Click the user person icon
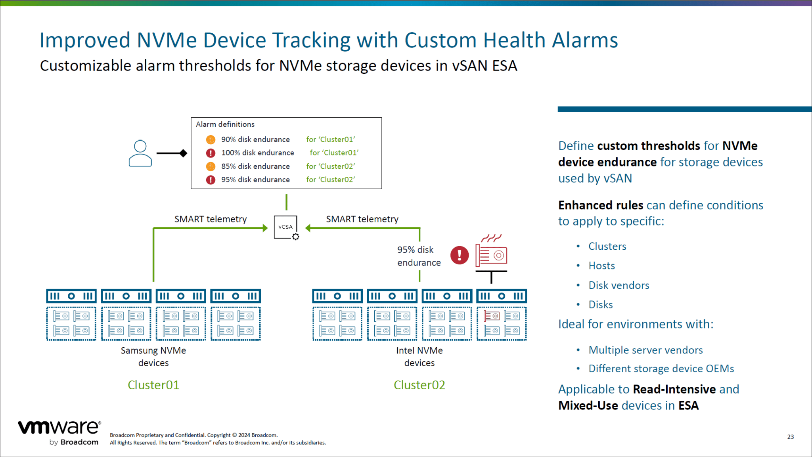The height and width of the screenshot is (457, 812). coord(140,153)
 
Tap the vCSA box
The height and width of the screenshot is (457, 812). coord(285,227)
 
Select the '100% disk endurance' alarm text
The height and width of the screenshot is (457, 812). coord(257,153)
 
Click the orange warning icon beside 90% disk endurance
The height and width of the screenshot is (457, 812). coord(211,140)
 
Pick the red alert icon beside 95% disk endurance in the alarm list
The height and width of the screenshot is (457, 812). coord(211,180)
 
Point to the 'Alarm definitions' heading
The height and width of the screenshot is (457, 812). coord(225,124)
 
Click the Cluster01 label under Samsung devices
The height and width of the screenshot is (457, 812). coord(153,385)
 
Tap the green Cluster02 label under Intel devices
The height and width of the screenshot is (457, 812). coord(419,385)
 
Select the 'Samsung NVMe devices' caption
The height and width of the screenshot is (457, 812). coord(153,356)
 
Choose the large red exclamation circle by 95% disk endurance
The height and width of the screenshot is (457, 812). coord(460,255)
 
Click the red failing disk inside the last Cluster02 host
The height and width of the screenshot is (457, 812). coord(492,316)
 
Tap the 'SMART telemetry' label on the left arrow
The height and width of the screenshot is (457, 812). coord(211,219)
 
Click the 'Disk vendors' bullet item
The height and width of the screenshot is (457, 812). coord(619,285)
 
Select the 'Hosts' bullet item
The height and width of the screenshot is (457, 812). coord(601,266)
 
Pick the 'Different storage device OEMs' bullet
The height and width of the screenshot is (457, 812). coord(661,369)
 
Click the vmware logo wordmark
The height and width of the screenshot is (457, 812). coord(59,427)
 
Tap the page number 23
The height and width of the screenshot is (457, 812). coord(790,437)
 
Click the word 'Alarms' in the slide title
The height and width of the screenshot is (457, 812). coord(585,40)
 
